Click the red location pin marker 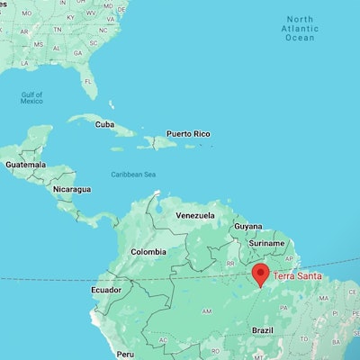(x=261, y=275)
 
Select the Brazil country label (x=262, y=330)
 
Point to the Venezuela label (x=194, y=216)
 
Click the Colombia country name (x=148, y=253)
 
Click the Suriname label (x=266, y=243)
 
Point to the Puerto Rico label (x=189, y=134)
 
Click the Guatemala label (x=24, y=165)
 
